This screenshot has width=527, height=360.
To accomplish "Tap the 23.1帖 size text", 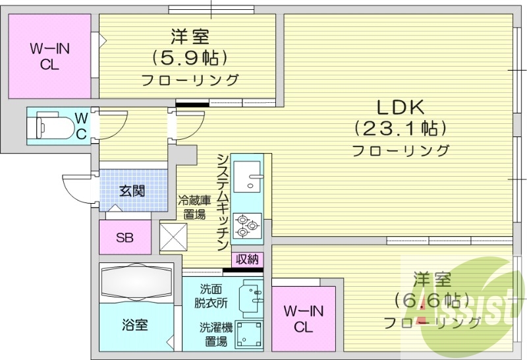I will (x=400, y=127).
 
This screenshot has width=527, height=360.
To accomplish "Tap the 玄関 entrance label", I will (x=132, y=191).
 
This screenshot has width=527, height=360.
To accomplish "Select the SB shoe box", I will (x=125, y=237).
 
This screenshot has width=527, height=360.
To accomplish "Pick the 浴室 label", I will (x=134, y=324).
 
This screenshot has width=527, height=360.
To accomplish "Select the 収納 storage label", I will (x=247, y=258).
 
